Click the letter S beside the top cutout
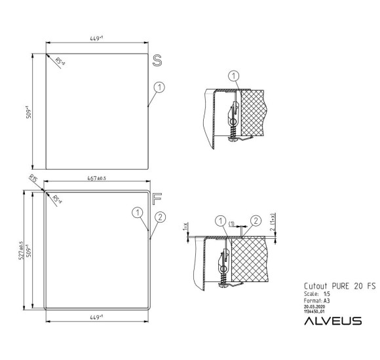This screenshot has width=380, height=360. click(157, 60)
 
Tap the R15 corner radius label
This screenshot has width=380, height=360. click(34, 179)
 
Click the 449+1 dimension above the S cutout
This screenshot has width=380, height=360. click(98, 39)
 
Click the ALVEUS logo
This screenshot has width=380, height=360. click(333, 320)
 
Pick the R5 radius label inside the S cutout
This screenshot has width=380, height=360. click(60, 62)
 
